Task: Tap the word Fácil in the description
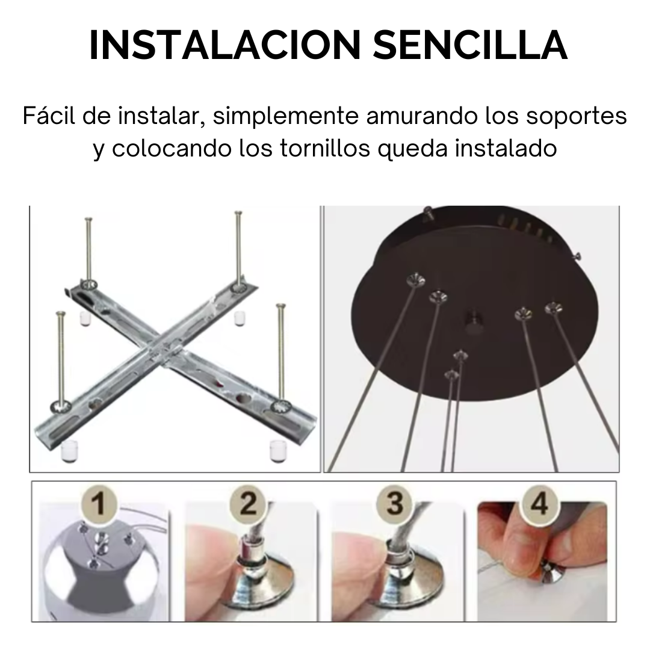pos(49,116)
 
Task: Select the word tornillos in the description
pos(317,148)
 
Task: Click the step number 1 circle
pos(101,503)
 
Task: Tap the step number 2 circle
pos(248,503)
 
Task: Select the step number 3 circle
pos(394,503)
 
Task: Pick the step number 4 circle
pos(540,503)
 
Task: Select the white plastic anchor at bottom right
pos(278,450)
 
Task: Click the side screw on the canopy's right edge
pos(578,256)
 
